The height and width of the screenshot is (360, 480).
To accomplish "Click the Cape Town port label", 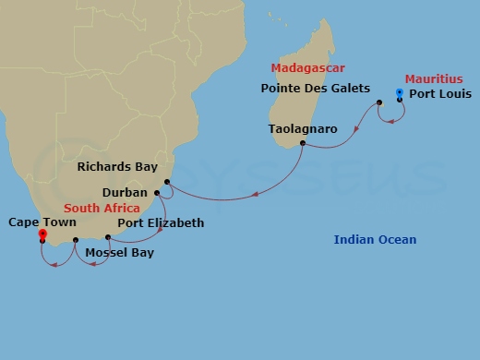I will coord(42,222).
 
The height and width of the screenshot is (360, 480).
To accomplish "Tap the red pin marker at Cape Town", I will coord(42,234).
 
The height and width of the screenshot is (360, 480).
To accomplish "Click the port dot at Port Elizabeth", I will coord(108,237).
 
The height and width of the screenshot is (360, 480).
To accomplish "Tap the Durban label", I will coord(125,194).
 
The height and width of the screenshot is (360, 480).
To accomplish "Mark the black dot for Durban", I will coord(158,193).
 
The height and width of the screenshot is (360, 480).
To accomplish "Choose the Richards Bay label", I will coord(118,168).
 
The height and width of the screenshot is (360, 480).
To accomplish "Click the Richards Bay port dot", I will coord(167,182).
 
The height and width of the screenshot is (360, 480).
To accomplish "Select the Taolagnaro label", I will coord(302,128).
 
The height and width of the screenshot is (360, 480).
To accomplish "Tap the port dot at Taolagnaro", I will coord(302,143).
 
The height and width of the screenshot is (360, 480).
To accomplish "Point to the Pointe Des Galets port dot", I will coord(379,102).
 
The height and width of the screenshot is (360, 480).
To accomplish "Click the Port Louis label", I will coord(439,94).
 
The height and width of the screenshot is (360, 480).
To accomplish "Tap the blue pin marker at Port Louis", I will coord(399,92).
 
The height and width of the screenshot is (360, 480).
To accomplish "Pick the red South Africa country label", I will coord(102,209).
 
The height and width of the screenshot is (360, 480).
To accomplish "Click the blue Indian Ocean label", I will coord(375,241).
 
